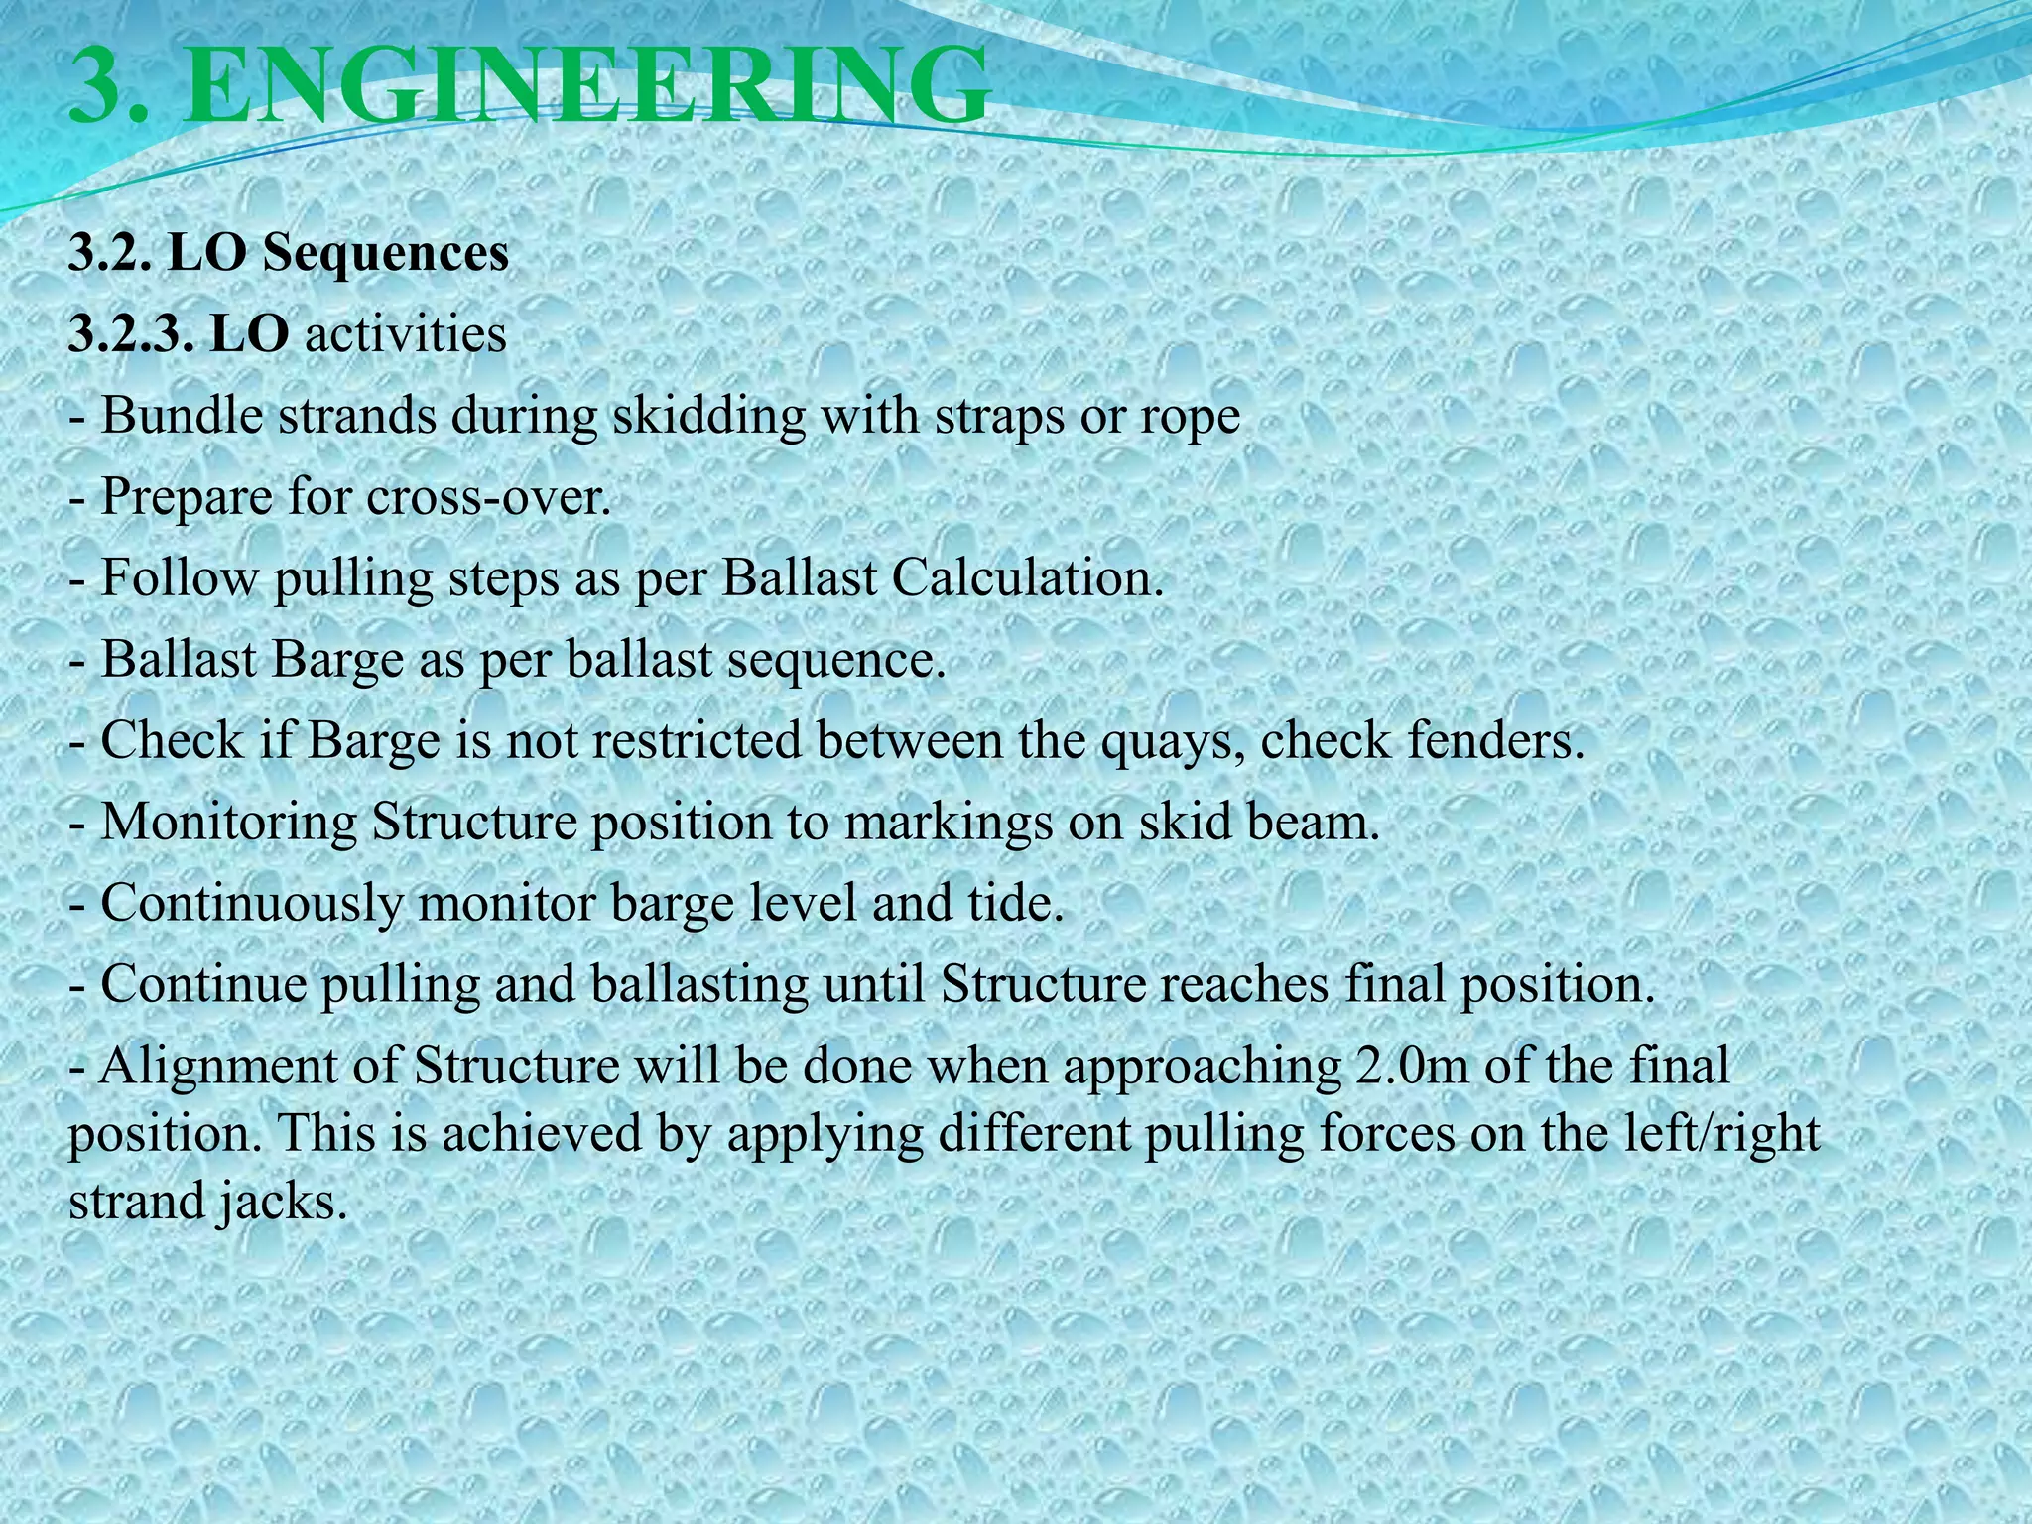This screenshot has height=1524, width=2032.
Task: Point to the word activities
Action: [405, 334]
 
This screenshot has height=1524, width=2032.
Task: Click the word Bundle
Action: [181, 416]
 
